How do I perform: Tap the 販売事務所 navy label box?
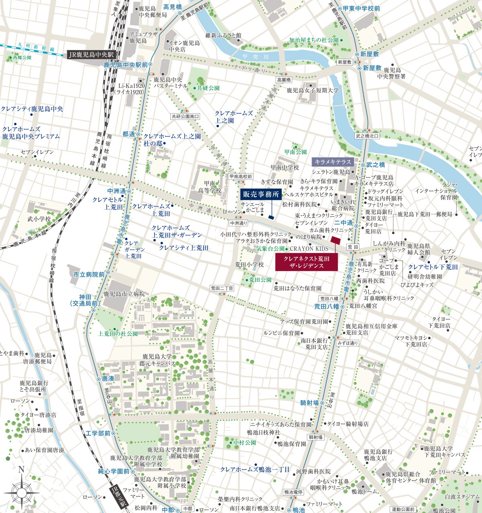click(261, 195)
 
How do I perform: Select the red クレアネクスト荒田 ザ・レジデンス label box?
click(306, 262)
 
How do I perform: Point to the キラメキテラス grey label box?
click(333, 162)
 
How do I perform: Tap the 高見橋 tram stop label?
click(172, 7)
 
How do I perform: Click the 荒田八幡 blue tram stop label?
click(326, 307)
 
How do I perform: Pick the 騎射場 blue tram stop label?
click(309, 403)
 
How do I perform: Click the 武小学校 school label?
click(39, 219)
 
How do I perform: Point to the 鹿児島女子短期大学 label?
click(312, 90)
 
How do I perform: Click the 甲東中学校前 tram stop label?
click(361, 8)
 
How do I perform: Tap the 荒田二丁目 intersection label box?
click(222, 288)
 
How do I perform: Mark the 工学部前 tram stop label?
click(98, 434)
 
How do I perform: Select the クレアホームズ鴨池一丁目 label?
click(255, 469)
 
